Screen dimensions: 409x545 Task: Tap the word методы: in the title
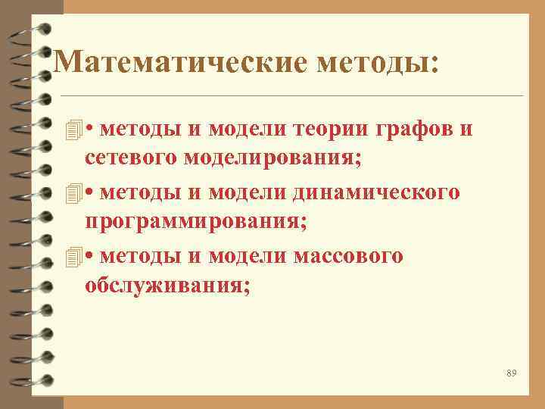click(x=378, y=63)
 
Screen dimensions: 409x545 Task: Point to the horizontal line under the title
click(x=291, y=96)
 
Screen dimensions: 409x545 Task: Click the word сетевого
click(x=131, y=159)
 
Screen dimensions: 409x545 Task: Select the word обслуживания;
click(x=167, y=288)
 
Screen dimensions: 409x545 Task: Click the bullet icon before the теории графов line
click(x=73, y=129)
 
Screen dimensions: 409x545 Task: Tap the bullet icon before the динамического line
click(x=73, y=192)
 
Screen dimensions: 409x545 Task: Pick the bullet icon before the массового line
click(x=73, y=257)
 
